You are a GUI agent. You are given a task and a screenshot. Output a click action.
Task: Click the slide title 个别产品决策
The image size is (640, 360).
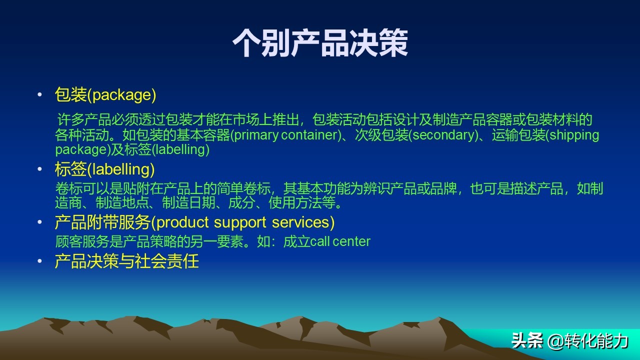[x=320, y=42]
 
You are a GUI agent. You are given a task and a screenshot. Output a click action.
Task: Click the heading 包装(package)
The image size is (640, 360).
[x=105, y=94]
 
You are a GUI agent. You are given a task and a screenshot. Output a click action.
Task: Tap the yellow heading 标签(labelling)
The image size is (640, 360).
[x=104, y=169]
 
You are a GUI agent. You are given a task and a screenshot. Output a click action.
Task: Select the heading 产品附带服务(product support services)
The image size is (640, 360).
[x=194, y=222]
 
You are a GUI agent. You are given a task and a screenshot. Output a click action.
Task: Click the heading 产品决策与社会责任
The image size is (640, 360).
[x=126, y=261]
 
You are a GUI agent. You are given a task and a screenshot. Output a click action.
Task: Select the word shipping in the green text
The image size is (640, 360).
[x=575, y=135]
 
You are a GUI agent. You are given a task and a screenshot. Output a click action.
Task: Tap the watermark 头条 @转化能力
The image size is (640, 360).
[x=569, y=341]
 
